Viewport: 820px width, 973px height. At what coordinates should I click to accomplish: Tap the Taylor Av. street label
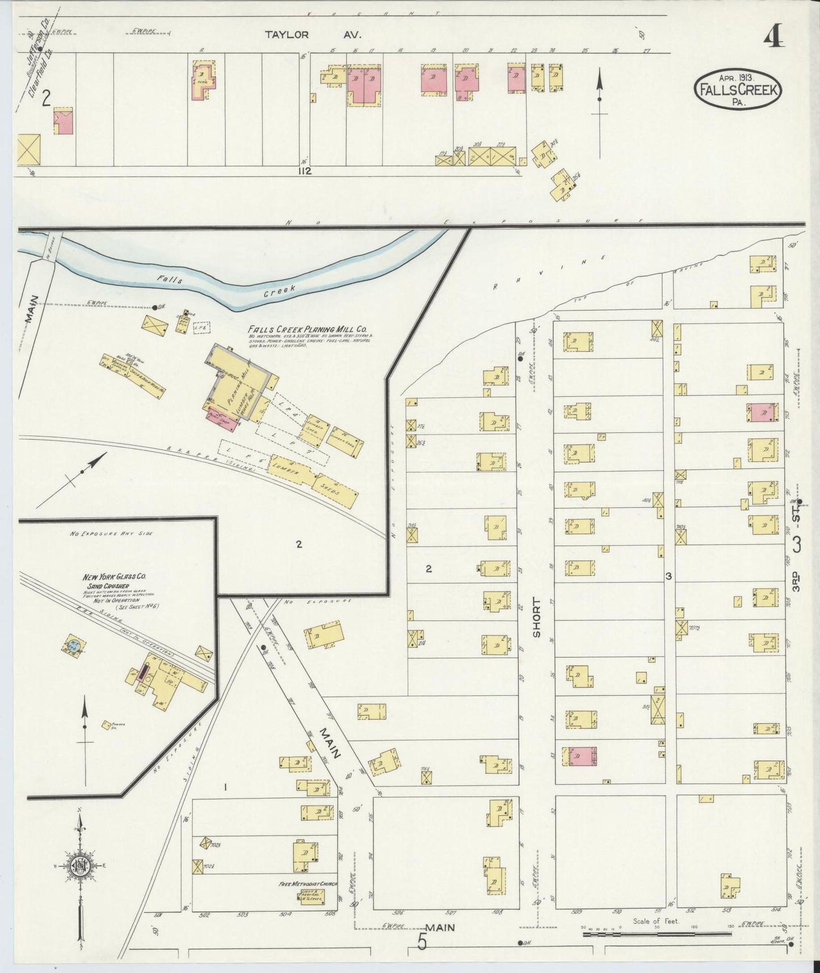pyautogui.click(x=313, y=35)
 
